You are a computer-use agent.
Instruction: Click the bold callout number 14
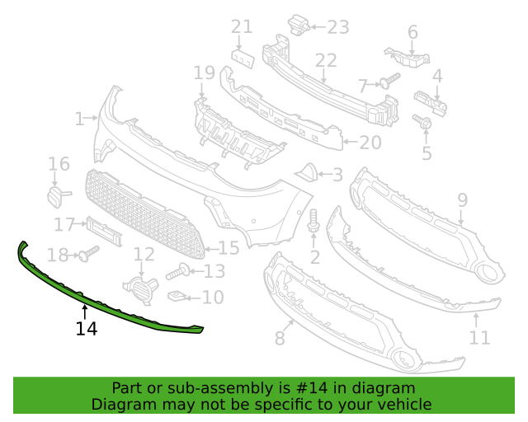tap(86, 329)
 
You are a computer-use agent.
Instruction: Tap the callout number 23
tap(338, 27)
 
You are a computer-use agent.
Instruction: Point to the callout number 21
tap(241, 27)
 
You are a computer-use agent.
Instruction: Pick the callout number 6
tap(412, 32)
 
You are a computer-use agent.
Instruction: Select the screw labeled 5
tap(425, 123)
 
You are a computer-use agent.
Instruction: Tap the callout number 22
tap(326, 60)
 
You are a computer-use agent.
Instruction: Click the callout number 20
tap(370, 143)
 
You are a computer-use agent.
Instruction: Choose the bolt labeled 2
tap(314, 221)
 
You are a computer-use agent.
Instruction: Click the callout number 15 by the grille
tap(229, 247)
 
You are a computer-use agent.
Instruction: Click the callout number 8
tap(280, 337)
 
